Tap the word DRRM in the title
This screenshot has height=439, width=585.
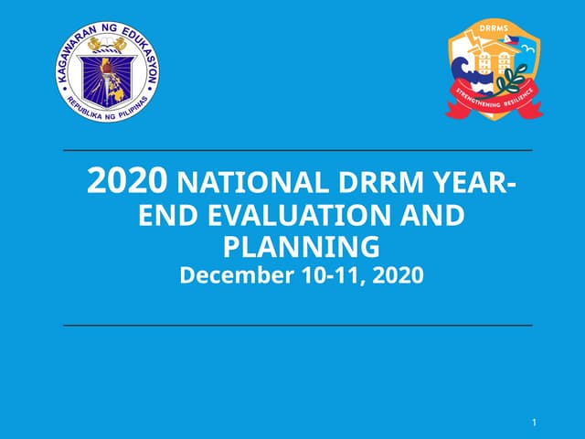[x=378, y=184]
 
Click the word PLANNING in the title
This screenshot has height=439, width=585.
[x=301, y=247]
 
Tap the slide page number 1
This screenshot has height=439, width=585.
[x=533, y=423]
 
